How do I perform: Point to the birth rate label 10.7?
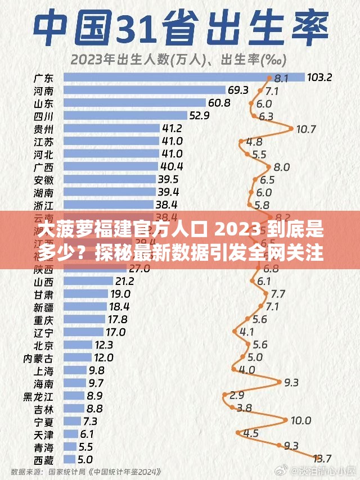click(x=305, y=129)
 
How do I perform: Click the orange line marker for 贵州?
click(x=292, y=128)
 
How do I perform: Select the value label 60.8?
click(x=219, y=103)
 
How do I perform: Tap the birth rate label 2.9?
click(x=236, y=395)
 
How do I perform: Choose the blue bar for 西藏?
click(x=70, y=459)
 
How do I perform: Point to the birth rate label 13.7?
click(x=321, y=459)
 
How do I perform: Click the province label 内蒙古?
click(x=39, y=357)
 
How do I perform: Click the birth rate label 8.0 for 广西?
click(x=281, y=166)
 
